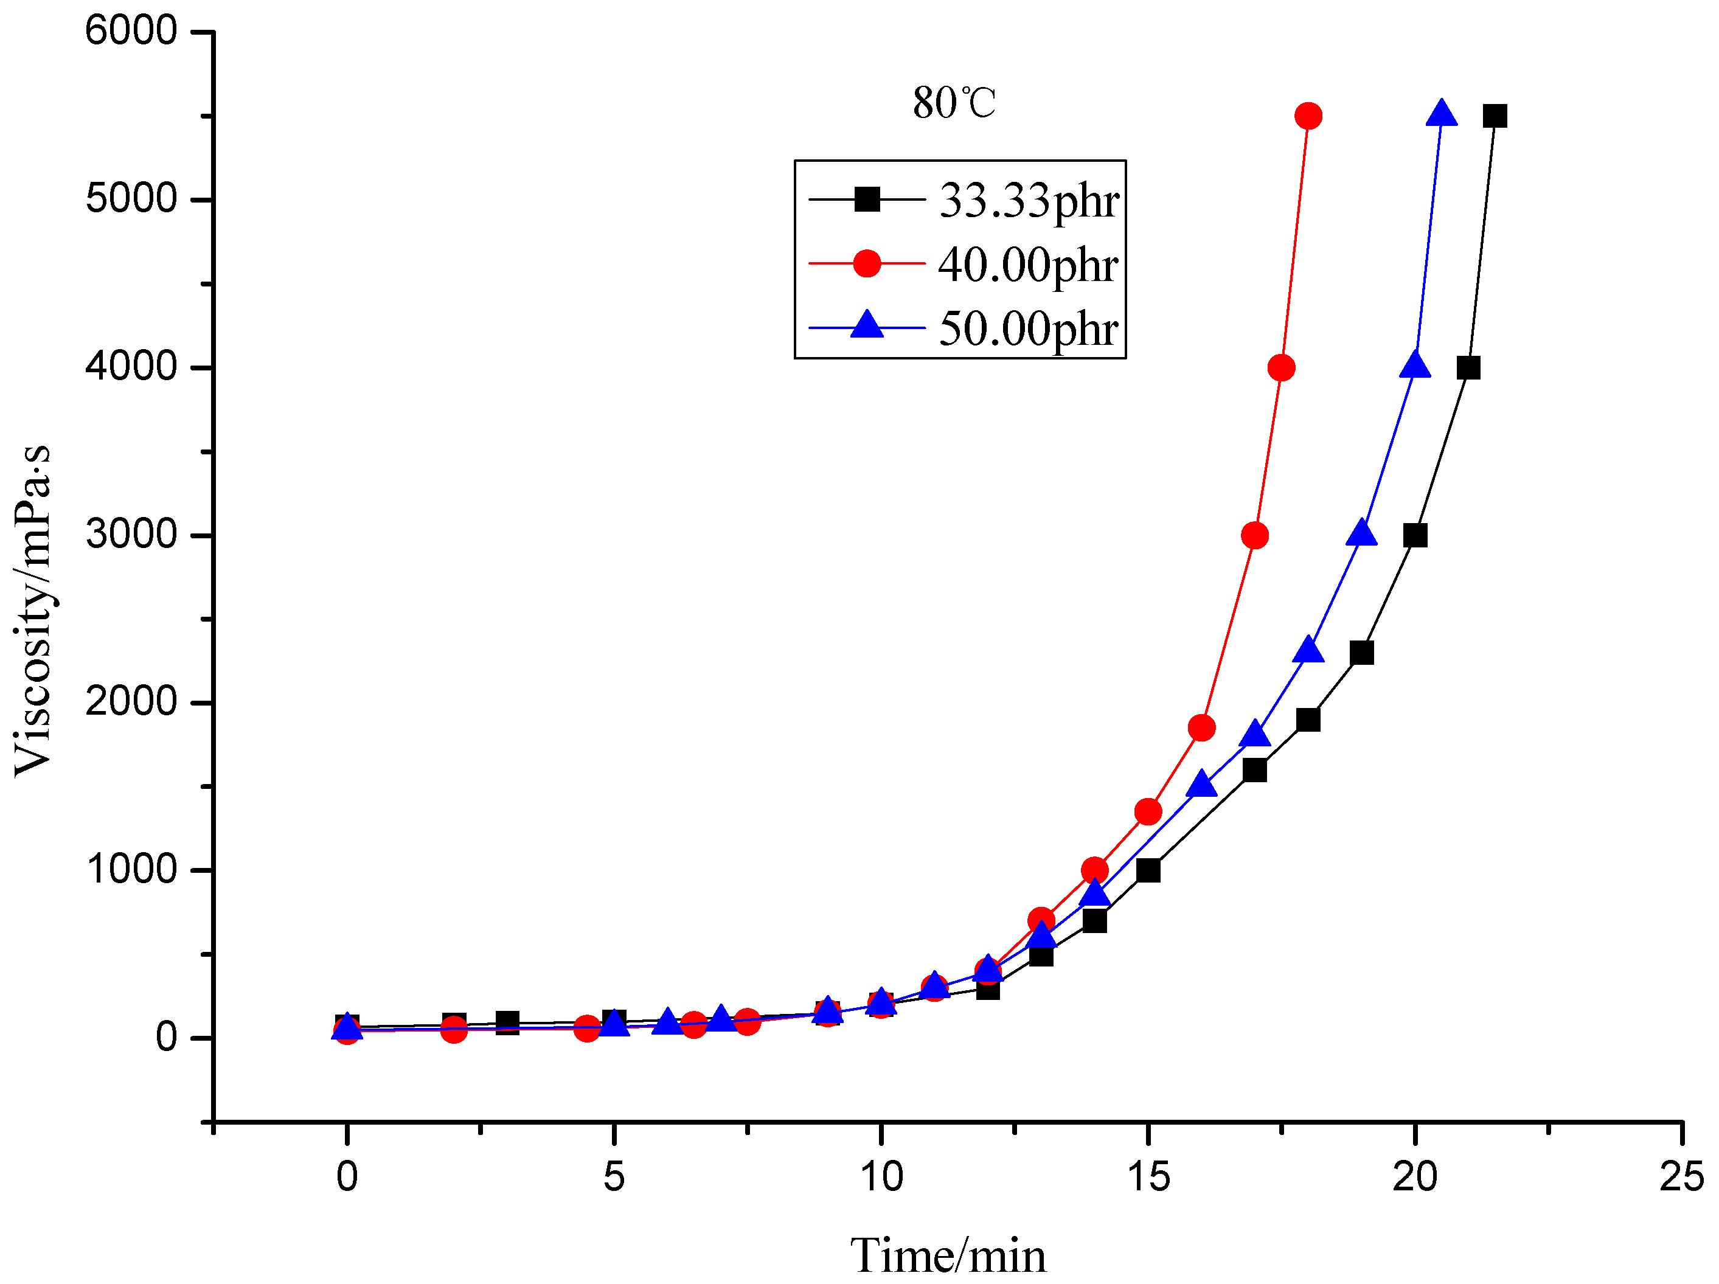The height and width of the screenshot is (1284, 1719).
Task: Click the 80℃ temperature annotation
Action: [954, 103]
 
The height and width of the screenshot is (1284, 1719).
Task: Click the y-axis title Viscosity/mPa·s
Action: [33, 610]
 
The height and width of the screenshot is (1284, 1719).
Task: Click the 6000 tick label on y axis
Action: [131, 31]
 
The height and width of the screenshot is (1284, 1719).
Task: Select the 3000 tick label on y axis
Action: [131, 535]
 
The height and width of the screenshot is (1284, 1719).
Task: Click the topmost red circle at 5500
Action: [1308, 116]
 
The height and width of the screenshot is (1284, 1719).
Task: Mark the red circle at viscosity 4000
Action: [1280, 367]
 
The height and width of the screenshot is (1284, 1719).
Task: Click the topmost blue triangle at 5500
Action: [1442, 114]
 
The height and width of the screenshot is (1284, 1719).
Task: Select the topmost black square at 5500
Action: [1495, 116]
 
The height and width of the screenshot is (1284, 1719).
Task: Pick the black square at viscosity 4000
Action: [1468, 367]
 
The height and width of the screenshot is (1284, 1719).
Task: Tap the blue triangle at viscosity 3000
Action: [1361, 534]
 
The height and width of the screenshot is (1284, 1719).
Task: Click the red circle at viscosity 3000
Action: [1255, 535]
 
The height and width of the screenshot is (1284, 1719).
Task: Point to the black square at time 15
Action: [1148, 870]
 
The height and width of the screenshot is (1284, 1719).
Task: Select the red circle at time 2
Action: [454, 1030]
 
